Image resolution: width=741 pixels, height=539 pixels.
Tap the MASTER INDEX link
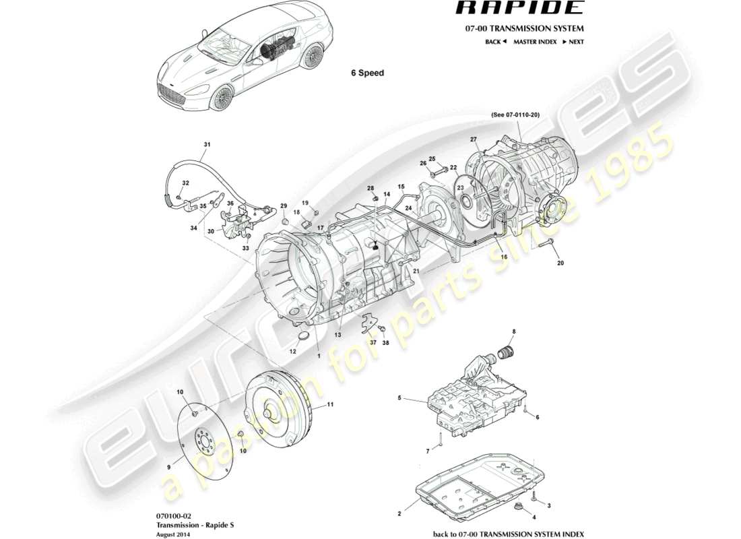pyautogui.click(x=534, y=42)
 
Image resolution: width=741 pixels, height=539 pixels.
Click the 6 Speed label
pyautogui.click(x=367, y=73)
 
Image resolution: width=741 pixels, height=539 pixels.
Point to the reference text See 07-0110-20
pyautogui.click(x=515, y=115)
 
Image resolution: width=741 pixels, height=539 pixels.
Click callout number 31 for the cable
pyautogui.click(x=207, y=145)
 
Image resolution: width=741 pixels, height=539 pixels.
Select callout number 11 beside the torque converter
pyautogui.click(x=330, y=405)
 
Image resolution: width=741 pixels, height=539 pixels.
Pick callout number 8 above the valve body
pyautogui.click(x=513, y=331)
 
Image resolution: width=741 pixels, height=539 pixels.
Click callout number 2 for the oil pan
pyautogui.click(x=399, y=513)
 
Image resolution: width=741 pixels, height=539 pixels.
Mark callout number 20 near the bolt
pyautogui.click(x=560, y=263)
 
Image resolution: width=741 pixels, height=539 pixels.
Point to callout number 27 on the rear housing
pyautogui.click(x=474, y=139)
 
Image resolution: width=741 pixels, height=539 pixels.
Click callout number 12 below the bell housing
pyautogui.click(x=293, y=351)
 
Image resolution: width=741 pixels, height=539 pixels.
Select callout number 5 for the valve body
pyautogui.click(x=399, y=398)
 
